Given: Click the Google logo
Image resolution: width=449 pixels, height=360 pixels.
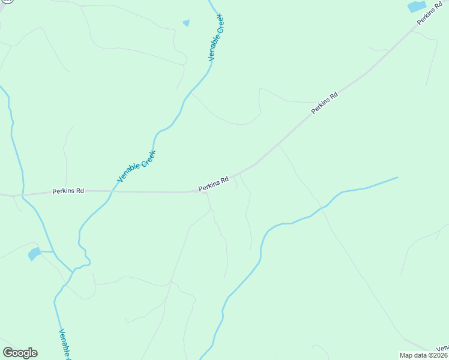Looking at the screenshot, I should [20, 353].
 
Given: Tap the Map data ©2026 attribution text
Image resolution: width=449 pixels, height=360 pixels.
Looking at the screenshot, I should [424, 355].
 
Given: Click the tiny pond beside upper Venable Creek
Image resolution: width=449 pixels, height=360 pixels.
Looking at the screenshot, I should [186, 23].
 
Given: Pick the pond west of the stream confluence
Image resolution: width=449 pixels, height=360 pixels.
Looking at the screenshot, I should [34, 253].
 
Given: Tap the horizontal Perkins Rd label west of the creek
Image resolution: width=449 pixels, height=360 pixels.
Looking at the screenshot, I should [68, 191].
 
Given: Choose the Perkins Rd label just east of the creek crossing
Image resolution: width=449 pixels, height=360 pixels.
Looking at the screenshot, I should [214, 184].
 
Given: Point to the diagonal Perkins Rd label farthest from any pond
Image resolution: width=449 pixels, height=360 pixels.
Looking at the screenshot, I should [325, 103].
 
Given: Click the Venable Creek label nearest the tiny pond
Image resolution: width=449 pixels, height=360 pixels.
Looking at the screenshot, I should [215, 37].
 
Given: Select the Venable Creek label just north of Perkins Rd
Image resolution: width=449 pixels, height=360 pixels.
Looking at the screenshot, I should [136, 166].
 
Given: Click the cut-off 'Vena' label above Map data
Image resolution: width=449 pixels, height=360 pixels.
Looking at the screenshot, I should [442, 348].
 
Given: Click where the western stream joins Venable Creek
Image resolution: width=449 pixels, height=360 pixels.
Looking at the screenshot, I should [73, 271].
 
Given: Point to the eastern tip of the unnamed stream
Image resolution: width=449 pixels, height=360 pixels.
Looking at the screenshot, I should [397, 177].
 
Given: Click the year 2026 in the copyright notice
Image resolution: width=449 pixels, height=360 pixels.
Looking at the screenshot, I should [440, 355].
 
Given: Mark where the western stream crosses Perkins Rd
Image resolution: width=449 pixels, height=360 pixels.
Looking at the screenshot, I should [22, 194].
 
